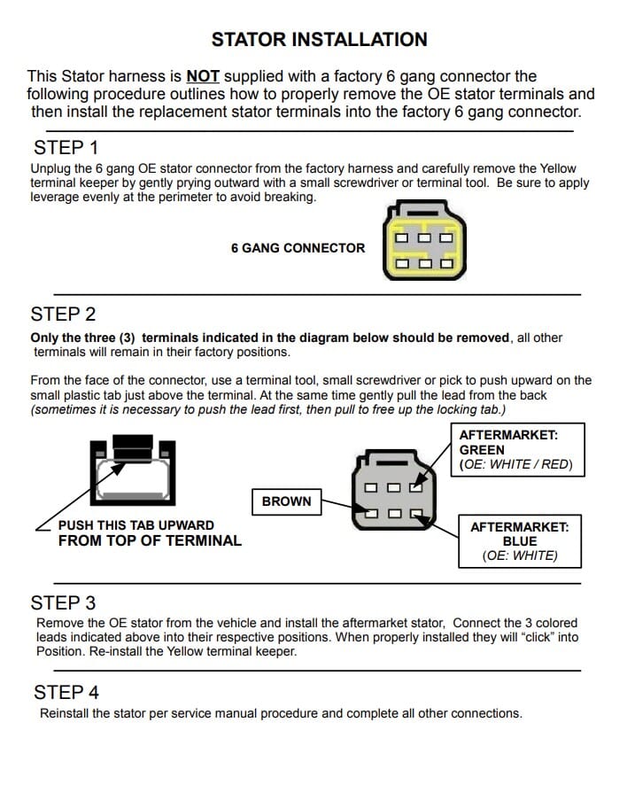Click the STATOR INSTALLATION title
(319, 40)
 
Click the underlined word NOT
(203, 76)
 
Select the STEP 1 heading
(66, 148)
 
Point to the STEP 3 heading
(63, 603)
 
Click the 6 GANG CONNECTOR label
(298, 248)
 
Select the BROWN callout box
(286, 501)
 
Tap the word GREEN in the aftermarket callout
(482, 450)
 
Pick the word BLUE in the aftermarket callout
(520, 541)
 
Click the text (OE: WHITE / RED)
(515, 464)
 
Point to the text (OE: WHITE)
(520, 555)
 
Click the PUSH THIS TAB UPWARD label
(136, 525)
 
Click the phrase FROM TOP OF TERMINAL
(150, 540)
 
